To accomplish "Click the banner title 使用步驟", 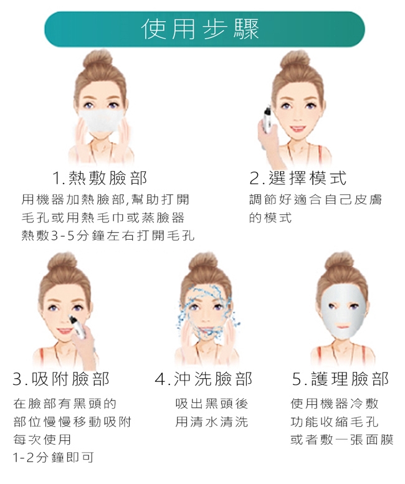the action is [x=200, y=29].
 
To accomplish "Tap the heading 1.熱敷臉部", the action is [x=100, y=178].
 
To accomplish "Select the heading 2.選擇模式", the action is [x=298, y=178].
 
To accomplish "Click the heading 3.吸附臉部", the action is [x=61, y=379].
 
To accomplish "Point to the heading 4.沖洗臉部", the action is [x=204, y=379].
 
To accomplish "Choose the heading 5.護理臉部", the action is [x=340, y=379].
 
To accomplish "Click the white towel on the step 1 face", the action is [x=100, y=120].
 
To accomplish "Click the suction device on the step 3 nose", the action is [x=77, y=327].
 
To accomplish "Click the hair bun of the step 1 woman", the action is [x=98, y=61].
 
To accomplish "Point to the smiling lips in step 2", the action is [x=297, y=128].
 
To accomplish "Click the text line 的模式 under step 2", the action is [x=270, y=218].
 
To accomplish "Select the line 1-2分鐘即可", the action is [x=53, y=457].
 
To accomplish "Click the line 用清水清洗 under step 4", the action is [x=211, y=422].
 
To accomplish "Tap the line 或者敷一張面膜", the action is [x=342, y=440].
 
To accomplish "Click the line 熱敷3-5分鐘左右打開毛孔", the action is [x=108, y=236].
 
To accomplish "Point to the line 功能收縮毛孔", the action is [x=335, y=422].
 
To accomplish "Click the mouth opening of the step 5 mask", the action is [x=342, y=326].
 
